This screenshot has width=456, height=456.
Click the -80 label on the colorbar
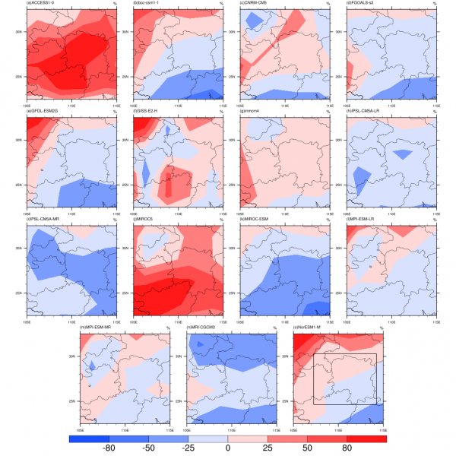109,449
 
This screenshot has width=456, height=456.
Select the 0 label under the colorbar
228,449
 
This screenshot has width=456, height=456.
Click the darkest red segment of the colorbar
366,439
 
